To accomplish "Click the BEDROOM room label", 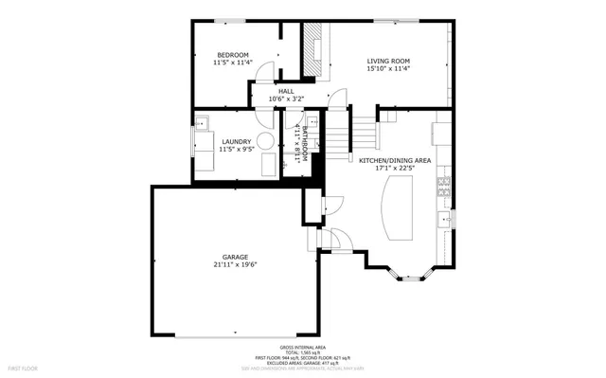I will pos(232,55).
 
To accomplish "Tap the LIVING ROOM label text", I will pos(387,62).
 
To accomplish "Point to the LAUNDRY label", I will pos(236,142).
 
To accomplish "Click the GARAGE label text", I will pos(235,257).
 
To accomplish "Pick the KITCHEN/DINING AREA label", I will pos(395,161).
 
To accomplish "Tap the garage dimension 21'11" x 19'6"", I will pos(235,265).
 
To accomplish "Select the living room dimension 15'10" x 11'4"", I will pos(387,69).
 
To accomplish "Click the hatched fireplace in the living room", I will pos(313,49).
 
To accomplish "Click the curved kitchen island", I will pos(399,210).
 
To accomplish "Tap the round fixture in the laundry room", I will pos(268,141).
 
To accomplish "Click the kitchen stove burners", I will pos(442,186).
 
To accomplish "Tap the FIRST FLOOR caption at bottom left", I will pos(23,367).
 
